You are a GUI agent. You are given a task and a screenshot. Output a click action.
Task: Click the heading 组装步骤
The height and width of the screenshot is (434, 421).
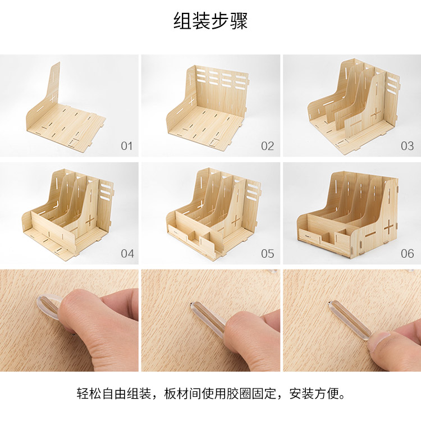tap(210, 21)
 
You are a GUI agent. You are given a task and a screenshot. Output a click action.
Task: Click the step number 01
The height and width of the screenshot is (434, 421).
tap(126, 146)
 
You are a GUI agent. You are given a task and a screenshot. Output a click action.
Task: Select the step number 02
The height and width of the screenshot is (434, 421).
tap(267, 146)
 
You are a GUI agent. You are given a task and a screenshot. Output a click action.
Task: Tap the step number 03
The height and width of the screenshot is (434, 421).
tap(407, 146)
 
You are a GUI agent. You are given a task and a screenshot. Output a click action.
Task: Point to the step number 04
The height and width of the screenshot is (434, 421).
tap(127, 254)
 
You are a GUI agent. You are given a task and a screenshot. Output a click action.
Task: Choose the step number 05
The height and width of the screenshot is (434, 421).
tap(267, 254)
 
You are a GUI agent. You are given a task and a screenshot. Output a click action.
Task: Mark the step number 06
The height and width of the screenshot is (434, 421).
tap(408, 254)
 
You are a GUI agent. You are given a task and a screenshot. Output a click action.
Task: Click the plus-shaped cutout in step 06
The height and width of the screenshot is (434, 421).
tap(388, 227)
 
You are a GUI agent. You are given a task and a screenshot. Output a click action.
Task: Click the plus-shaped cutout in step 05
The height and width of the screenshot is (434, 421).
tap(236, 221)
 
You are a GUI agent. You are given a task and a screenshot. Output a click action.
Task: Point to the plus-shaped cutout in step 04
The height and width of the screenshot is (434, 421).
tap(90, 220)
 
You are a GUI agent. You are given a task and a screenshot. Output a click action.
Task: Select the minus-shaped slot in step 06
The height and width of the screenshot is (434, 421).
tap(370, 235)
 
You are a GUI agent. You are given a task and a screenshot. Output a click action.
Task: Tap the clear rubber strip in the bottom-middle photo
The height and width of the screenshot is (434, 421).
tap(210, 316)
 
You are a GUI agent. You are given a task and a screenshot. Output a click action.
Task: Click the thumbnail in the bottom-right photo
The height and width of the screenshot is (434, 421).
tap(381, 340)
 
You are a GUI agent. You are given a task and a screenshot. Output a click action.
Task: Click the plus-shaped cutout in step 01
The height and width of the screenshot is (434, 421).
tap(53, 97)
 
